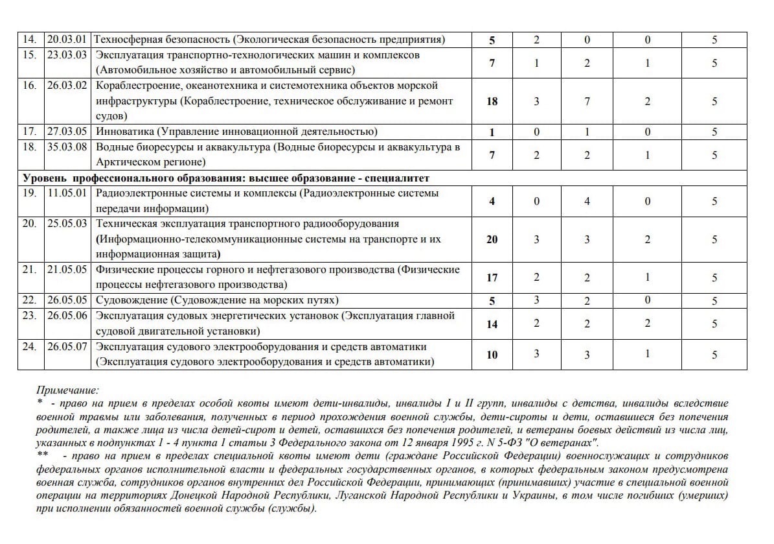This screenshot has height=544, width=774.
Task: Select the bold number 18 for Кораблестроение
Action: pos(492,101)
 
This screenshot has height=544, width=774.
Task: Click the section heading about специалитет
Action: pos(226,178)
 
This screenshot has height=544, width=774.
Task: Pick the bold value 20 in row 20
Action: pos(492,239)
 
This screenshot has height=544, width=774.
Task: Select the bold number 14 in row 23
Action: pos(492,324)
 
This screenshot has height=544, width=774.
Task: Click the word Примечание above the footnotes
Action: pos(67,390)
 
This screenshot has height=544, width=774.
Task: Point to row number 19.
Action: pos(30,193)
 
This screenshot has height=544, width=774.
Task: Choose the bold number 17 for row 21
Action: pos(492,278)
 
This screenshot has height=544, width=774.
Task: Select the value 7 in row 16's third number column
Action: pos(587,101)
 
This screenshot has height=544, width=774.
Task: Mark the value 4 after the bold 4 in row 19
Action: pos(587,201)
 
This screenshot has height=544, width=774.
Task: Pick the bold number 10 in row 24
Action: pos(492,355)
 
